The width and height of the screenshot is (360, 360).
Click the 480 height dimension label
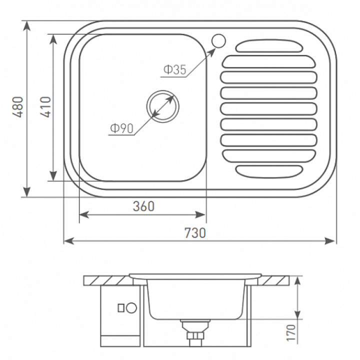click(18, 107)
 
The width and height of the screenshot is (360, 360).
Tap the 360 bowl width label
click(143, 206)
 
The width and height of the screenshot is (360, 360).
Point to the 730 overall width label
click(195, 233)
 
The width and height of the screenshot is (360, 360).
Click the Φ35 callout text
click(175, 69)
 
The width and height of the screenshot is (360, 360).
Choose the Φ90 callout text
click(122, 128)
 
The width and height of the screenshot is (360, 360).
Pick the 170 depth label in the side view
click(291, 332)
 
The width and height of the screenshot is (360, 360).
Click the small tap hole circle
click(218, 41)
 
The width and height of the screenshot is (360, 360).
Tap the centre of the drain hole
click(163, 106)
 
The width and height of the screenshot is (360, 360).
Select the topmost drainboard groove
click(269, 45)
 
